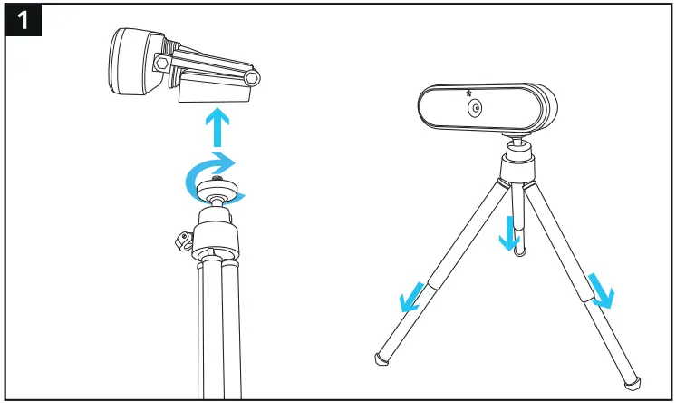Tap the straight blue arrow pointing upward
click(216, 127)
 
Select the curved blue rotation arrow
click(215, 172)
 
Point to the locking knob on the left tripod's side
click(180, 241)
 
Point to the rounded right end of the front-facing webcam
click(546, 109)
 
